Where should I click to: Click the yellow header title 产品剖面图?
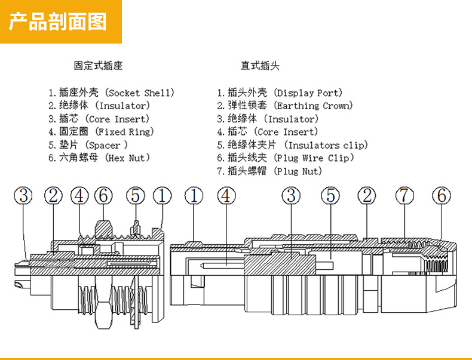click(x=58, y=21)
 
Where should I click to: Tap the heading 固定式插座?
click(x=98, y=66)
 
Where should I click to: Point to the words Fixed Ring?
click(x=125, y=132)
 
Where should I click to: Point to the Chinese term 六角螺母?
click(x=79, y=158)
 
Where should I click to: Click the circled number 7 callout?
click(x=404, y=195)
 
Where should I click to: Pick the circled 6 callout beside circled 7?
click(x=442, y=195)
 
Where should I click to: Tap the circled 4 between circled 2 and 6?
click(x=79, y=195)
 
